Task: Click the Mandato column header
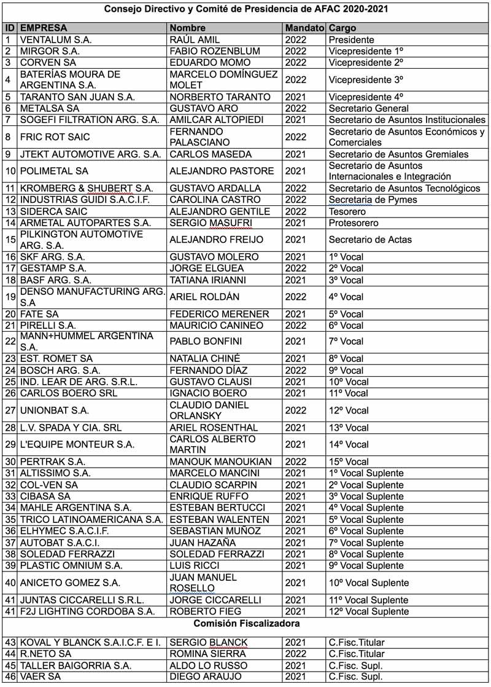point(304,28)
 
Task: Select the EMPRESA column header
point(44,28)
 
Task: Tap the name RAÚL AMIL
point(194,39)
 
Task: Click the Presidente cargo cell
point(351,39)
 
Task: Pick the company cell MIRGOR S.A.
point(50,51)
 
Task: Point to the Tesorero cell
point(347,211)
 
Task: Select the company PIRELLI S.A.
point(48,325)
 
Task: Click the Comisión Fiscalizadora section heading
point(245,624)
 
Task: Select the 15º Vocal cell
point(349,461)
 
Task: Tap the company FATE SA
point(39,314)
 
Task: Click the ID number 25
point(10,382)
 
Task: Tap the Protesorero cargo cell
point(354,222)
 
